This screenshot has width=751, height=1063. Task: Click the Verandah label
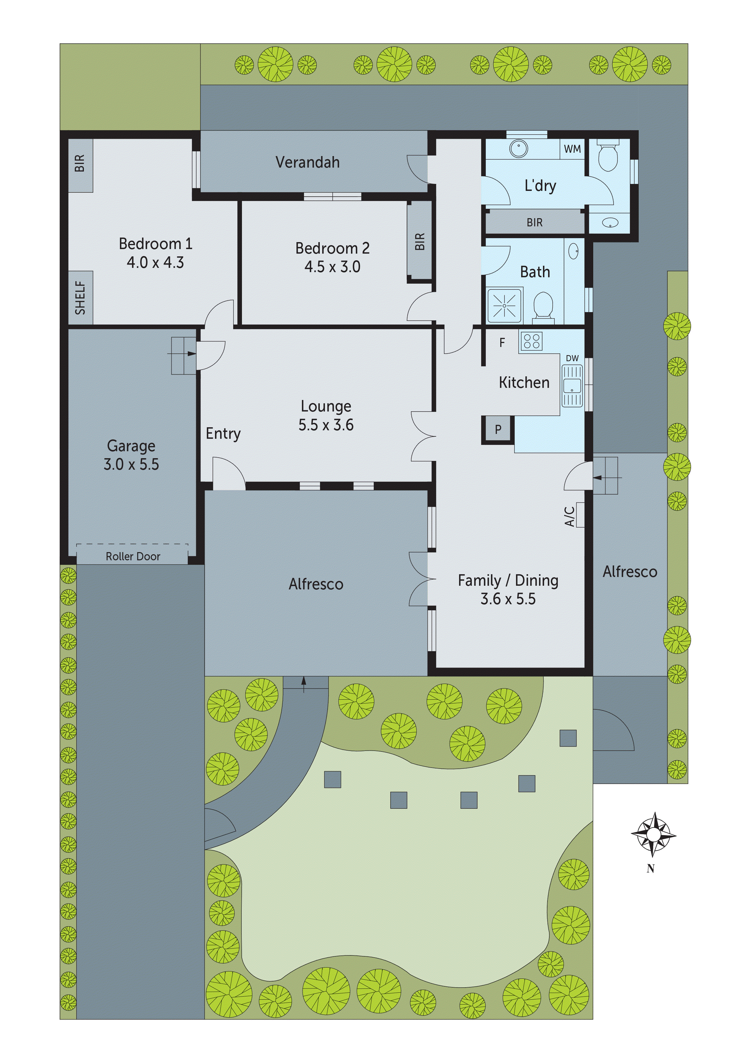307,162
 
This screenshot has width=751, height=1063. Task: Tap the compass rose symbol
653,834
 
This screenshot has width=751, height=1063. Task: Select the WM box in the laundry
572,149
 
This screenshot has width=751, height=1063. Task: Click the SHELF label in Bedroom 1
80,298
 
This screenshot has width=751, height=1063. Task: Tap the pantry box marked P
498,429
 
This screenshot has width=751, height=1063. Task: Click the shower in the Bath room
505,305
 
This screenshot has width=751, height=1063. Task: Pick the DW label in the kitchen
572,358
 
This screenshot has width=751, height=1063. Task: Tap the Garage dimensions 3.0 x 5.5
131,464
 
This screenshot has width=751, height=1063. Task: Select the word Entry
223,434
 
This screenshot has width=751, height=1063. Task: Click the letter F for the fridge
502,343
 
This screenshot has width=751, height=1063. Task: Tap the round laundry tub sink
519,148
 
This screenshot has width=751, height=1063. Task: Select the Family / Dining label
508,581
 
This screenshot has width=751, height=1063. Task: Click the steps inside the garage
183,355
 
